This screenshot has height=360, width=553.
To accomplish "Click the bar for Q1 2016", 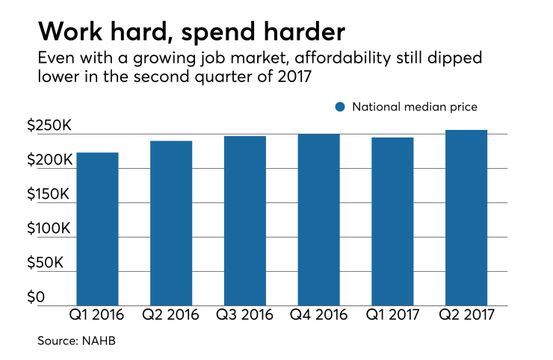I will (97, 229).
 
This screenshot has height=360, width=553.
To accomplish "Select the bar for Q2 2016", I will (170, 223).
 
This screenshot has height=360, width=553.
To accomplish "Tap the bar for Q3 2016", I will (244, 220).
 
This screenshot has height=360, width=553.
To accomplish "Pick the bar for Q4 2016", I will (318, 220).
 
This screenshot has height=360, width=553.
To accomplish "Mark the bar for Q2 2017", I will (466, 217).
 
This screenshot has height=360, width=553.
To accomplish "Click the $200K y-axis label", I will (49, 160).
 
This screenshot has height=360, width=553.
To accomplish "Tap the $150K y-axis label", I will (49, 194).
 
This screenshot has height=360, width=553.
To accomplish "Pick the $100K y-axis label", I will (49, 229).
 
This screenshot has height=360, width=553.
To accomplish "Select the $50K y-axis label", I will (46, 263).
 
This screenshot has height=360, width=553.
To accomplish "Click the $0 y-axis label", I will (36, 297).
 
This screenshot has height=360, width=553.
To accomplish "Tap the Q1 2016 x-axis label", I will (97, 316).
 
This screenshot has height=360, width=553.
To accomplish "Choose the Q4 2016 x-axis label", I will (318, 316).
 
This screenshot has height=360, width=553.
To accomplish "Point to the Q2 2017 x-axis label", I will (466, 316).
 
